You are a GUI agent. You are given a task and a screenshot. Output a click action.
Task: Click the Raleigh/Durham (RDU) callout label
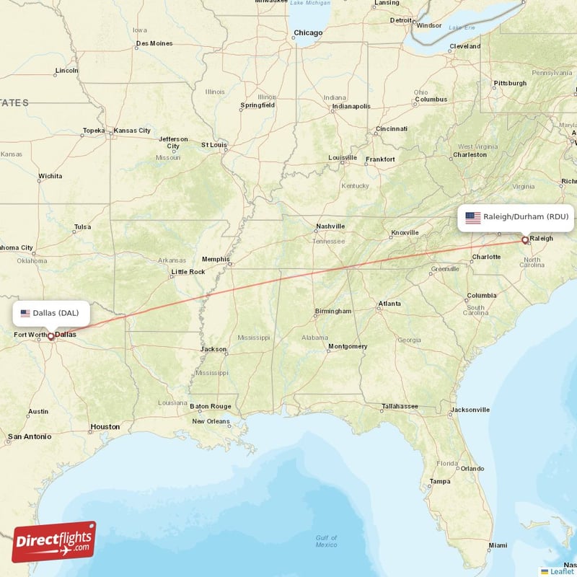[x=516, y=216]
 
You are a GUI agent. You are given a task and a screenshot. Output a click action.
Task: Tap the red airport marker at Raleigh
[x=524, y=239]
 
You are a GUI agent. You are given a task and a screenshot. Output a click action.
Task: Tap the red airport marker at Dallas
[x=50, y=336]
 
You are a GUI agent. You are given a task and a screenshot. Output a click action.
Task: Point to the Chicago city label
[x=308, y=32]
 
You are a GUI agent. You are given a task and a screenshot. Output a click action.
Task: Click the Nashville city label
[x=330, y=226]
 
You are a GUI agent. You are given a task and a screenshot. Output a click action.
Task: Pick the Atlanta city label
[x=390, y=304]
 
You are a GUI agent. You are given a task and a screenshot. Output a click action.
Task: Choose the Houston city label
[x=105, y=426]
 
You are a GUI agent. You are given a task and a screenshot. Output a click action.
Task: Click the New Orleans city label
[x=211, y=421]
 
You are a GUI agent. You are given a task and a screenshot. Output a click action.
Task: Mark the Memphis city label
[x=216, y=259]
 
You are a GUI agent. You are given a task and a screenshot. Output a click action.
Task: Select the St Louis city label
[x=214, y=144]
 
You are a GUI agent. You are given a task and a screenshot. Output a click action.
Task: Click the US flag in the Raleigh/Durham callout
[x=473, y=217]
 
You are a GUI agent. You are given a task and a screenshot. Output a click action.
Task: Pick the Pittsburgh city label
[x=510, y=83]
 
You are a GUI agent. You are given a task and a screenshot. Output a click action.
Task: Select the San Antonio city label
[x=29, y=436]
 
